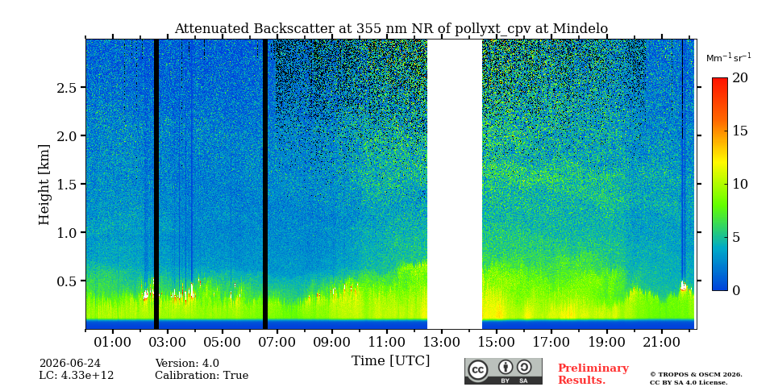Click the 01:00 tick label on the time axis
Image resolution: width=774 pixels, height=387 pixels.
(x=113, y=342)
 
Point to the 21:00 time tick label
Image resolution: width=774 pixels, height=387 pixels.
(x=661, y=342)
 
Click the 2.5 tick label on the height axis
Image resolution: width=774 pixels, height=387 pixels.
(x=65, y=87)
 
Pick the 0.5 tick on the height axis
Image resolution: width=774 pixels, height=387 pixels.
(x=65, y=281)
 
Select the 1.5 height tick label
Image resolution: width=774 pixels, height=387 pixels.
(x=65, y=184)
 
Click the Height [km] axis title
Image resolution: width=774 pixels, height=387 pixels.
(x=44, y=185)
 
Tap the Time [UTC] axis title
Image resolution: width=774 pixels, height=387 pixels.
(x=390, y=361)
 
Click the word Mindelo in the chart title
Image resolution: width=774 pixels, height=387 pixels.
(x=580, y=29)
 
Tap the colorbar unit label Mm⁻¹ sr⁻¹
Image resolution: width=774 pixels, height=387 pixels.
(x=729, y=58)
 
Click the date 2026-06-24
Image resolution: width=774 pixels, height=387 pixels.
(x=70, y=364)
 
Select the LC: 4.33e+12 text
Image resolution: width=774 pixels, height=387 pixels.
(x=77, y=376)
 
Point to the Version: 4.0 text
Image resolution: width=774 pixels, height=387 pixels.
(x=187, y=364)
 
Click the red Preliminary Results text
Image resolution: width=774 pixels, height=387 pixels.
(x=593, y=374)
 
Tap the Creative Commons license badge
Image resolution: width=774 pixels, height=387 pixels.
(x=503, y=371)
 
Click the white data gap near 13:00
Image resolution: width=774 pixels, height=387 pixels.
(x=455, y=184)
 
